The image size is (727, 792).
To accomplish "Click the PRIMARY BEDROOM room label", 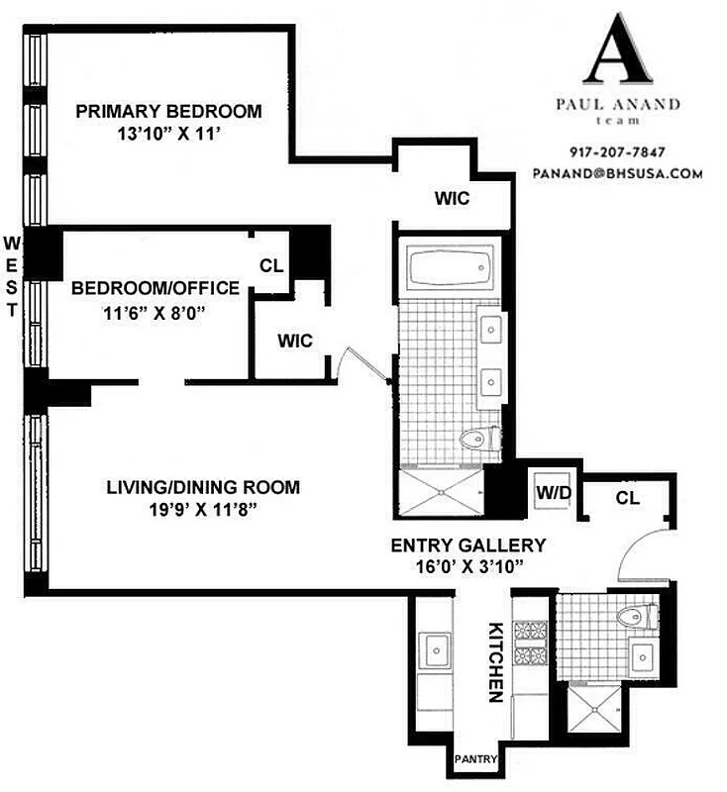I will (169, 111).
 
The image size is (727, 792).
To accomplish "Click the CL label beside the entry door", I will (627, 497).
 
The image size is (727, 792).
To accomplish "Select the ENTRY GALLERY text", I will (468, 544).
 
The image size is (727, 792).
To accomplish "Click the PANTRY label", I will (473, 760).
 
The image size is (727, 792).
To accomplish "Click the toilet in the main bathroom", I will (478, 437).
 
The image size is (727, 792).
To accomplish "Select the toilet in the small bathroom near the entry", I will (633, 617).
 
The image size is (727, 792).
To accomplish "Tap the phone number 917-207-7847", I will (617, 152).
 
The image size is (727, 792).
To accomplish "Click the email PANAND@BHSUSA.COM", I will (617, 172).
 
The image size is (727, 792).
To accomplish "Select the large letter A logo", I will (618, 51).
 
